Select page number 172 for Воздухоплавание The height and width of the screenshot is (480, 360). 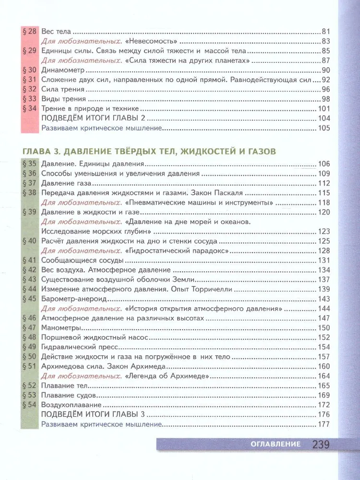(x=324, y=404)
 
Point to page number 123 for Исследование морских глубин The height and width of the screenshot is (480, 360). (x=324, y=231)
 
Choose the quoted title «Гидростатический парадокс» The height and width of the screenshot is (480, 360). (x=176, y=250)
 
